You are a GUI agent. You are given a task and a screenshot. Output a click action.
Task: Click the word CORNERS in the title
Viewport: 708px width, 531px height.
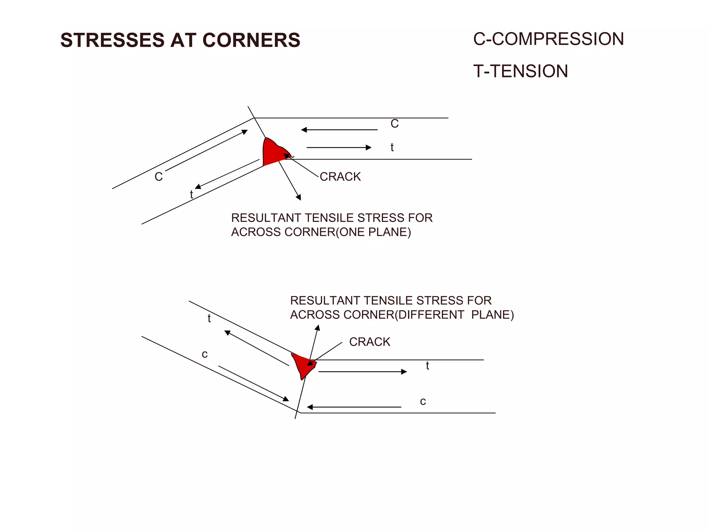point(251,40)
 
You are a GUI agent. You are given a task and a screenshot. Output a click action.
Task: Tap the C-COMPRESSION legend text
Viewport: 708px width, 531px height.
point(548,39)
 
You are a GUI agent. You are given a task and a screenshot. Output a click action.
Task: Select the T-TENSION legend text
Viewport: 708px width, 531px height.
point(520,71)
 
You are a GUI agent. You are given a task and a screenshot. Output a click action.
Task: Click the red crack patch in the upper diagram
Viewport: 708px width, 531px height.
point(273,152)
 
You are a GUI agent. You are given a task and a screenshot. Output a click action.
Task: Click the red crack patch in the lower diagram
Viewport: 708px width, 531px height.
point(304,365)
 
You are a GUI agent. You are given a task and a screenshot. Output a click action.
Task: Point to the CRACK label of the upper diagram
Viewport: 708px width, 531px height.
point(340,177)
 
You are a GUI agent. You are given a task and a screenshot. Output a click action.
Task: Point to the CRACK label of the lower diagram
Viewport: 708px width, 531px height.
point(369,342)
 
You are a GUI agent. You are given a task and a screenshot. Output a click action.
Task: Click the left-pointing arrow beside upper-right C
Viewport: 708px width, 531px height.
point(339,130)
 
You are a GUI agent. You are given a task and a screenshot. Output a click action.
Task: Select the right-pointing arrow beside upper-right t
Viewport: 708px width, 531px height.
point(339,148)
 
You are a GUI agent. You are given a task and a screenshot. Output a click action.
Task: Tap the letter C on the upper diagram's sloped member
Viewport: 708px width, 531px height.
point(158,177)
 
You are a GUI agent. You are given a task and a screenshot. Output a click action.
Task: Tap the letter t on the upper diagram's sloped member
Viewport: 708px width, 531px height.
point(192,194)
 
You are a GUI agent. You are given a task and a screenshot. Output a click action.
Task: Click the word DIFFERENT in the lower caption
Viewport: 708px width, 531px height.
point(431,315)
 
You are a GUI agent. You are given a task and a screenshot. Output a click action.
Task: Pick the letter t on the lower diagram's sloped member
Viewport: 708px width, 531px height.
point(209,318)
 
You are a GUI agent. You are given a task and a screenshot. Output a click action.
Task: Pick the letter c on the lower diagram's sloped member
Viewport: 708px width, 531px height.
point(205,354)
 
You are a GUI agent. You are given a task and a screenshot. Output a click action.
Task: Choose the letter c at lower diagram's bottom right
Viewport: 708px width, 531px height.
point(423,401)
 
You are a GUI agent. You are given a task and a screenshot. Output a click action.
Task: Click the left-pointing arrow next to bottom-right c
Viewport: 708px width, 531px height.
point(354,407)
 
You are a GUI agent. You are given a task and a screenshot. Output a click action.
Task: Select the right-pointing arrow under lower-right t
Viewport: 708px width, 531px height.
point(362,372)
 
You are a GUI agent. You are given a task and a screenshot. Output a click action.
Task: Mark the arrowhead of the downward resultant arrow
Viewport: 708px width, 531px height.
point(299,197)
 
